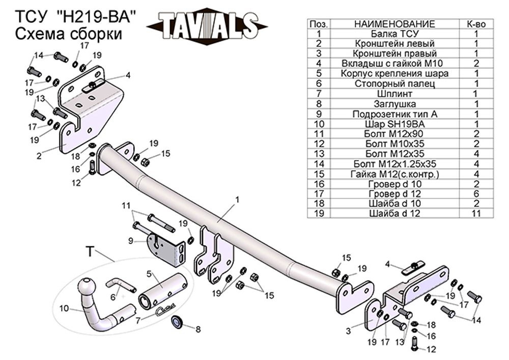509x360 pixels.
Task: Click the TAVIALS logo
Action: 207,26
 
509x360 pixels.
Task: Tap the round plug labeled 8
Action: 177,322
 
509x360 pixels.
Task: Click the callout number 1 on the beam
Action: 237,199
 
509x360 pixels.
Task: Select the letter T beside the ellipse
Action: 90,252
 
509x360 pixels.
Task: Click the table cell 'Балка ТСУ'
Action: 394,34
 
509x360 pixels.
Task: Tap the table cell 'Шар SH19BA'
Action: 394,124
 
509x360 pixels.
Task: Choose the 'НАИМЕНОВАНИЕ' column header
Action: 394,24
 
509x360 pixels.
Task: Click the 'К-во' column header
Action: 476,24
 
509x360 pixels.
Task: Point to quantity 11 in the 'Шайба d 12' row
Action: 476,213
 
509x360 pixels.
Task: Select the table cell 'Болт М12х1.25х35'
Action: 394,164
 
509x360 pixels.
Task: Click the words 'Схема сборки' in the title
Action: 69,34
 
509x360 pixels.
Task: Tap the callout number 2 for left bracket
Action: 39,156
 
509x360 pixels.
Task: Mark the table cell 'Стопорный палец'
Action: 394,84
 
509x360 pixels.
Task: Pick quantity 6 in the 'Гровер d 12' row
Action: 476,194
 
